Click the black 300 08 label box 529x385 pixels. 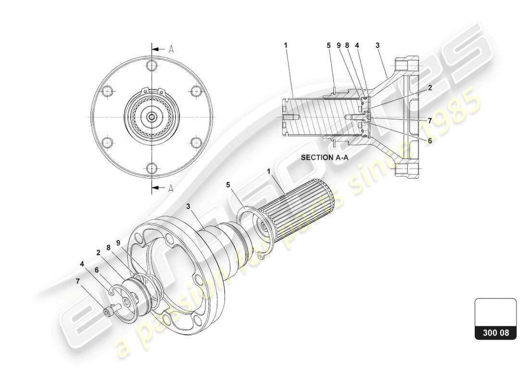(495, 333)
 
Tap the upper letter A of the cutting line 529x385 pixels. (171, 49)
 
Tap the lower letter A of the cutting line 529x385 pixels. (171, 188)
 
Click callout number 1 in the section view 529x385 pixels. (285, 45)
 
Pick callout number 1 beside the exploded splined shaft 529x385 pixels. (269, 171)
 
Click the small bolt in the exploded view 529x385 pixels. (110, 312)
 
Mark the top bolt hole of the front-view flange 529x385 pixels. (152, 66)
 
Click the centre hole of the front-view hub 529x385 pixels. (152, 117)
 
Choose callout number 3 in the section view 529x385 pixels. (378, 45)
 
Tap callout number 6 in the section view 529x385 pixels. (429, 141)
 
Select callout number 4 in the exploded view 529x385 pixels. (82, 263)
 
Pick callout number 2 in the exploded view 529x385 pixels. (98, 252)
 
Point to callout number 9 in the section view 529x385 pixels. (339, 45)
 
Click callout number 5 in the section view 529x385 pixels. (329, 45)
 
